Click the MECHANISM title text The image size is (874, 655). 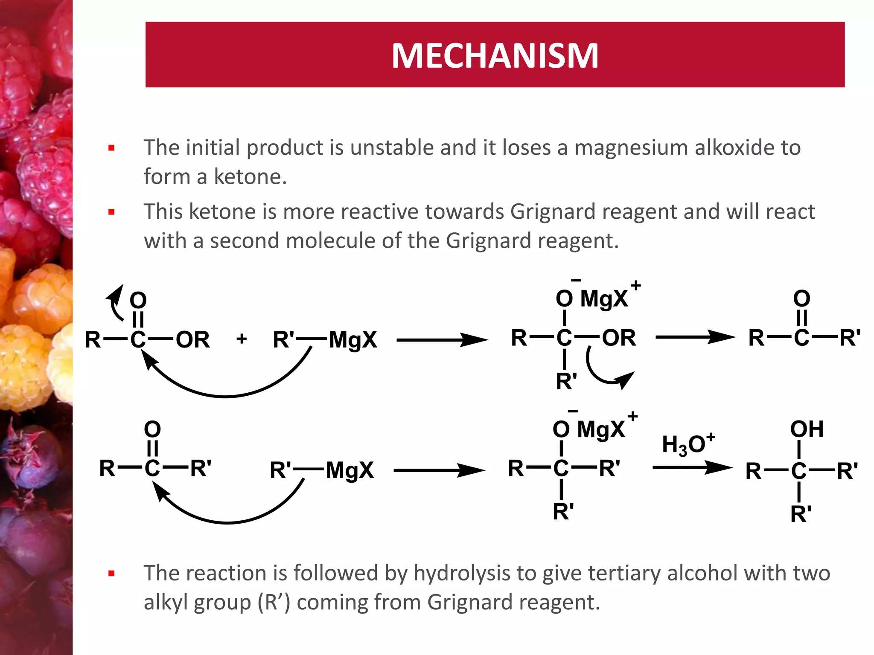(495, 55)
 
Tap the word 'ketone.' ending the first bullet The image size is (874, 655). (250, 177)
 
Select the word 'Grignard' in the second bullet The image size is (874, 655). (550, 212)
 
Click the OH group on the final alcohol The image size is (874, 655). (807, 429)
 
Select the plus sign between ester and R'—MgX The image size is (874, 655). (242, 339)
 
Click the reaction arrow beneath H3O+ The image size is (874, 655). (692, 467)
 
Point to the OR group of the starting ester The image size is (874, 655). (193, 340)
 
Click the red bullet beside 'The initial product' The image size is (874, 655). (112, 148)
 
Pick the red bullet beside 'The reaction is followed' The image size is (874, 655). (112, 574)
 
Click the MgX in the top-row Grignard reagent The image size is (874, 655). (353, 340)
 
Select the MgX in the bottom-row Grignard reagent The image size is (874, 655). (350, 471)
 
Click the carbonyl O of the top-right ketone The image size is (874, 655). (801, 299)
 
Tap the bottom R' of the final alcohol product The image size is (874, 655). (801, 514)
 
